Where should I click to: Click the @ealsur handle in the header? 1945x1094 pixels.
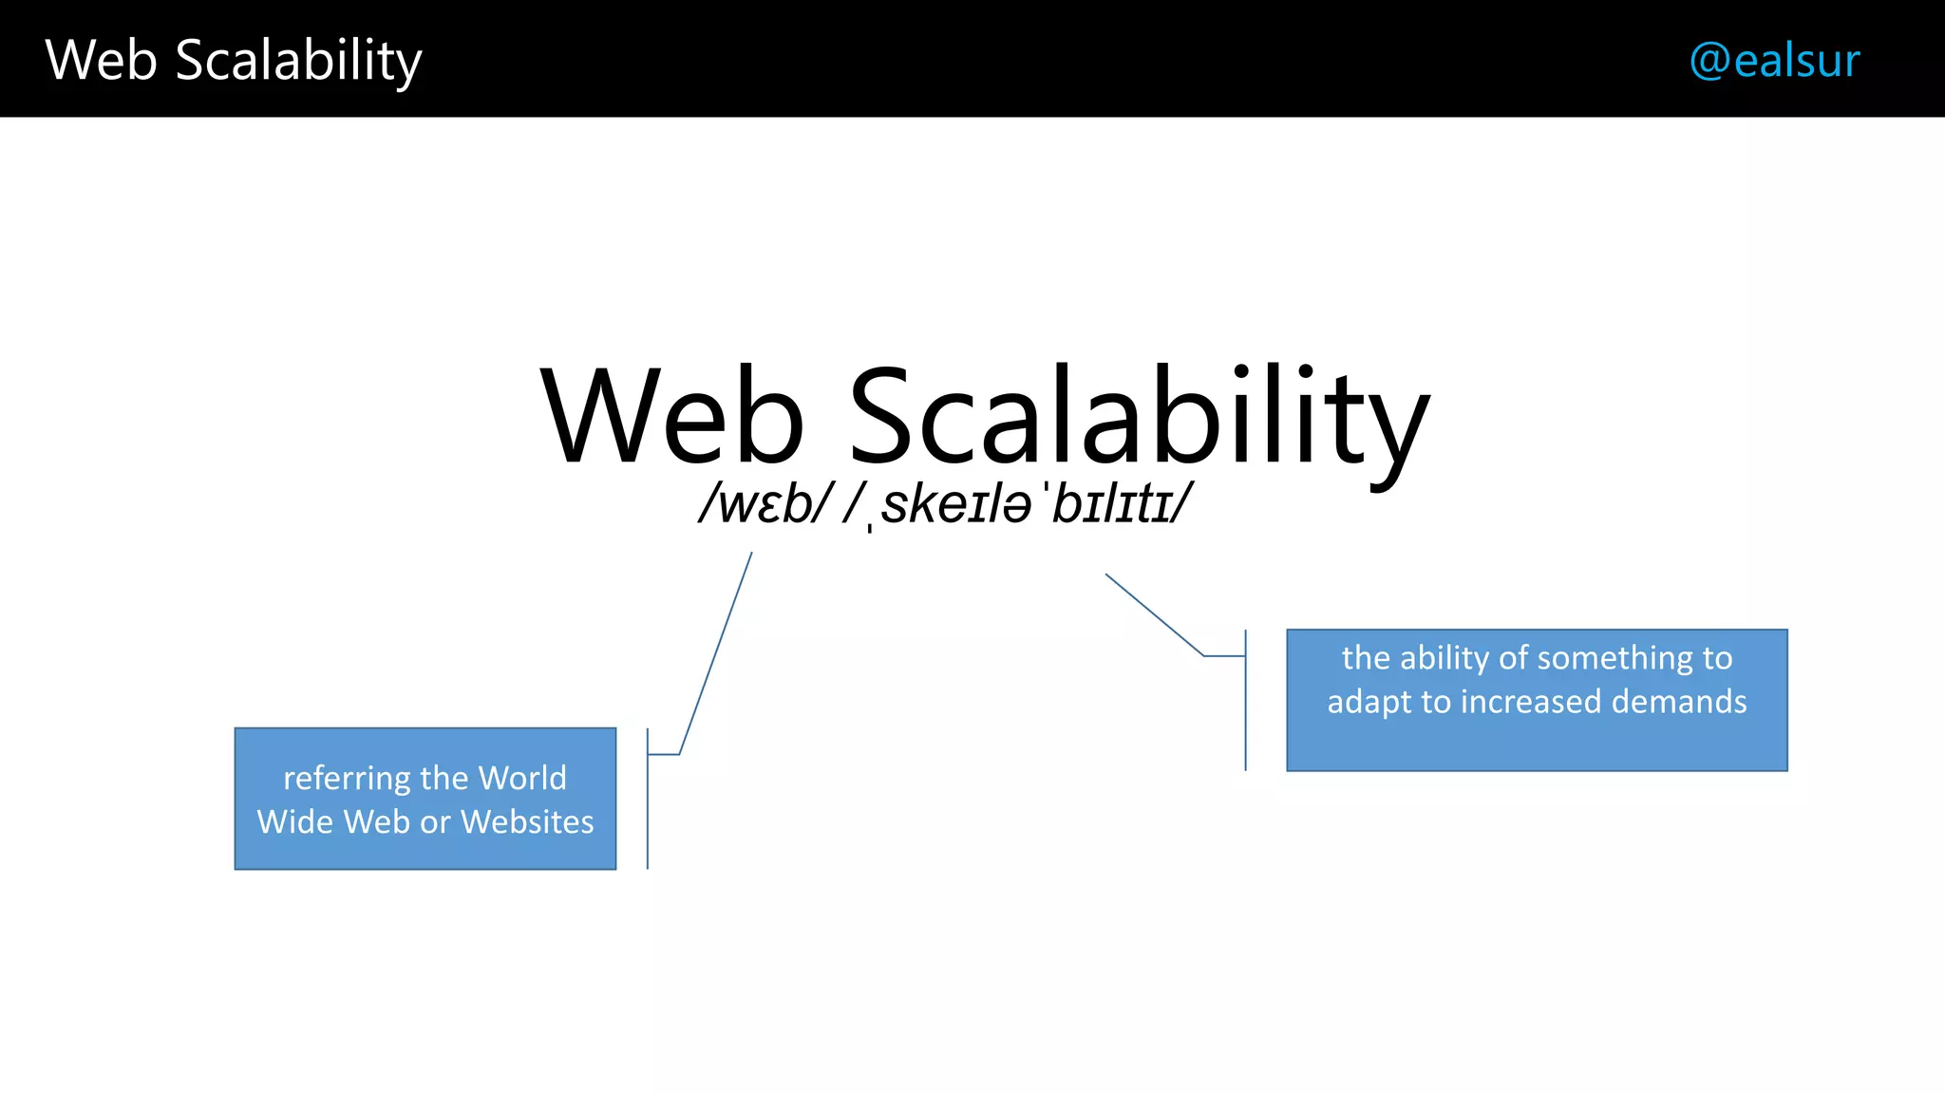[1774, 60]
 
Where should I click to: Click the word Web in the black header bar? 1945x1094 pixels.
[101, 60]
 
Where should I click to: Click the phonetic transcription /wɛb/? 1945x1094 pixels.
[765, 503]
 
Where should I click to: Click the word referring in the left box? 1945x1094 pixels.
[347, 779]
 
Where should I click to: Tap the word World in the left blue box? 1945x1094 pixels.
[522, 778]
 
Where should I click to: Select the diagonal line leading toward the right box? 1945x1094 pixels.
[1154, 614]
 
